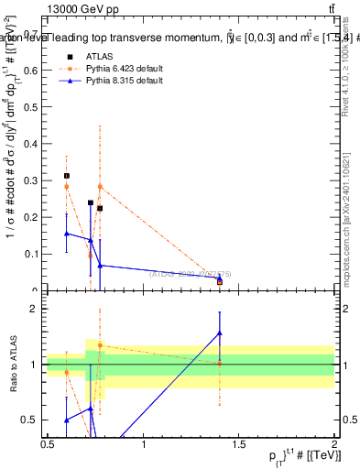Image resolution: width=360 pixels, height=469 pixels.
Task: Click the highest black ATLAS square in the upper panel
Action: coord(67,176)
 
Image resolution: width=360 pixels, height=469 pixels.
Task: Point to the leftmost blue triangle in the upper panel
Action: coord(67,234)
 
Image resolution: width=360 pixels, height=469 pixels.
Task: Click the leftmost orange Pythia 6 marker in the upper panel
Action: coord(67,187)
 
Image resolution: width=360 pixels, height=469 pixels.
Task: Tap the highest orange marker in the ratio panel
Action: coord(100,345)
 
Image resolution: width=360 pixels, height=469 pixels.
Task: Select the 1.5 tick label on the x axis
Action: coord(241,444)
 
